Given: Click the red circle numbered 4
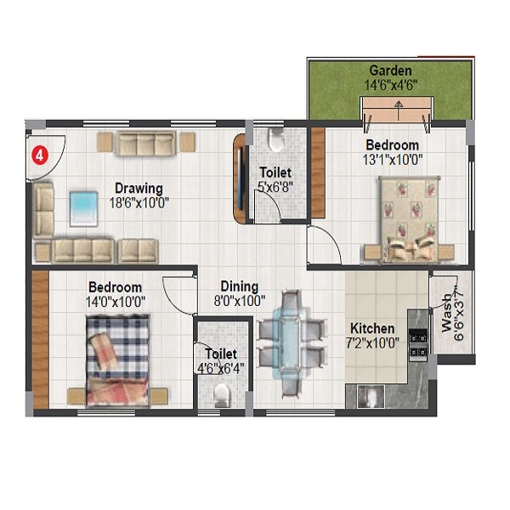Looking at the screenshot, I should [x=39, y=156].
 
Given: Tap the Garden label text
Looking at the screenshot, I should [x=391, y=70].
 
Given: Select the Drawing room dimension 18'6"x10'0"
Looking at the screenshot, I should [x=141, y=202].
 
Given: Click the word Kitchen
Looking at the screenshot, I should [x=372, y=328].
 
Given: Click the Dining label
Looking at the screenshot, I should [x=239, y=286].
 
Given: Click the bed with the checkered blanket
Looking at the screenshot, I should [x=117, y=360].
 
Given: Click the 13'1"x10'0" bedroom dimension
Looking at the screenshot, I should [x=392, y=159].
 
